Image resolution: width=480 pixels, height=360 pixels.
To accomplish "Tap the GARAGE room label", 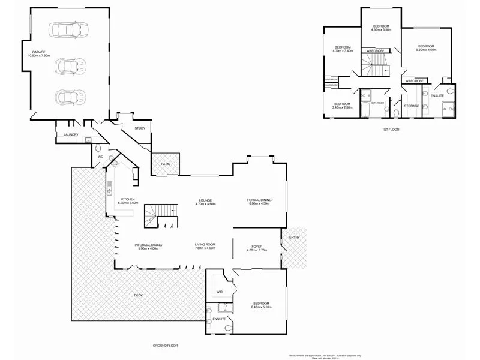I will point(38,55).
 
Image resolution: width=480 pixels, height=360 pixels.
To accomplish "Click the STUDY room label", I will point(139,128).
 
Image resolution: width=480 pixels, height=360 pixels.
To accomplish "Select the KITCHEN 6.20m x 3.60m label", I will point(130,202).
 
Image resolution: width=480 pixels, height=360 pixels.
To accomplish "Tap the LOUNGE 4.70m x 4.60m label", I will point(205,202).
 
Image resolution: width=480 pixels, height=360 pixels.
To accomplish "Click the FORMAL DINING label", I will point(260,202).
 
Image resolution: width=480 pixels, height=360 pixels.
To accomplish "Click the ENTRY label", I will point(294,238).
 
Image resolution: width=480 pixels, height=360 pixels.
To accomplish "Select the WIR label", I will point(220,292).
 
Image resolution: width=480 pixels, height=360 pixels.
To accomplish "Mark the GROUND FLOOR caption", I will point(165,346).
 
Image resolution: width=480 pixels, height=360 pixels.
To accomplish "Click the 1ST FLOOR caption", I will point(390,130).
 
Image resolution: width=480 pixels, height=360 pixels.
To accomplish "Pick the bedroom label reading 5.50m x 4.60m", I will point(426,48).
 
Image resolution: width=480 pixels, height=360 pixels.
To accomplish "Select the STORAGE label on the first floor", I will point(412,106).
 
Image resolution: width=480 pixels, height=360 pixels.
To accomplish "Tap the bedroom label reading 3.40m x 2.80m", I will point(342,106).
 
